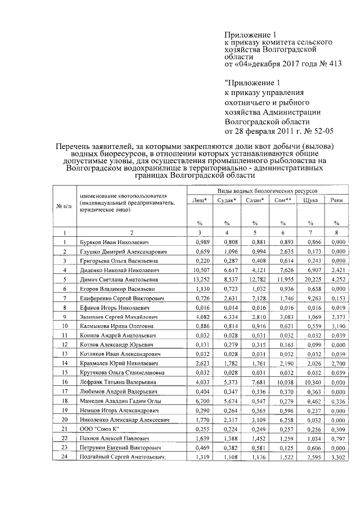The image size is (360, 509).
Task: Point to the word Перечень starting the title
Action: (x=74, y=147)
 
